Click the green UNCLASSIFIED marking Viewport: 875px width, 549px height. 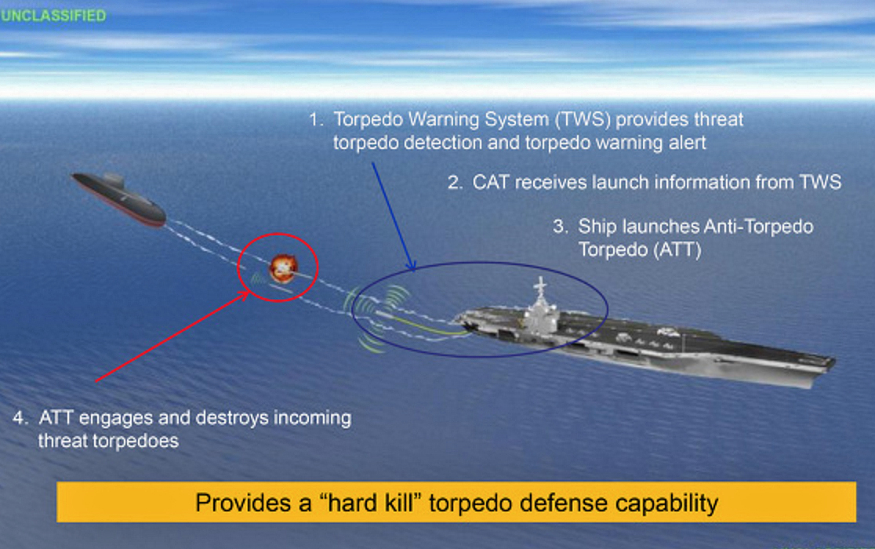click(53, 15)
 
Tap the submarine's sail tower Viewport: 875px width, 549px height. click(113, 180)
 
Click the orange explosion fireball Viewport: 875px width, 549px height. click(283, 267)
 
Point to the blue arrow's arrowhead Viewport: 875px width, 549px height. click(411, 264)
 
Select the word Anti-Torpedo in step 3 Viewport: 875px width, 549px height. click(758, 227)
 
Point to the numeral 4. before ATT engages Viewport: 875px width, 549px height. click(20, 417)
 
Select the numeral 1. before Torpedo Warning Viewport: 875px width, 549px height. click(317, 119)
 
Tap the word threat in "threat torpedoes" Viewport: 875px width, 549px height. click(63, 441)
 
